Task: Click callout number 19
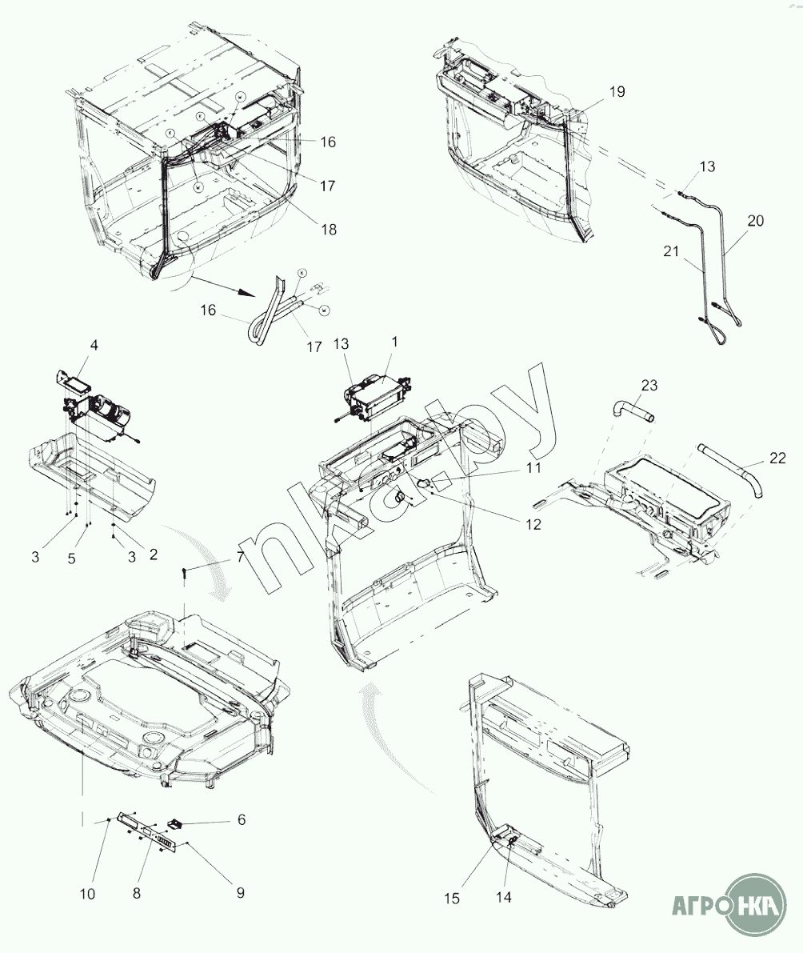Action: coord(616,92)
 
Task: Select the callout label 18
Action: coord(328,229)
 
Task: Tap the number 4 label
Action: coord(94,346)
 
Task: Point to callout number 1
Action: coord(394,341)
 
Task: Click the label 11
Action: coord(533,467)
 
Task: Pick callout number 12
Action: coord(533,525)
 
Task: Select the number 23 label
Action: coord(649,385)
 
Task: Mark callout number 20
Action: coord(756,221)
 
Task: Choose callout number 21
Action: coord(670,250)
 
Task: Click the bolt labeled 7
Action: coord(185,572)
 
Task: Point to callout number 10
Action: coord(88,894)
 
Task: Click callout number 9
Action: coord(238,892)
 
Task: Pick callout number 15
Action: coord(452,899)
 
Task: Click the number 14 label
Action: coord(503,897)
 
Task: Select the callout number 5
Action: coord(72,559)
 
